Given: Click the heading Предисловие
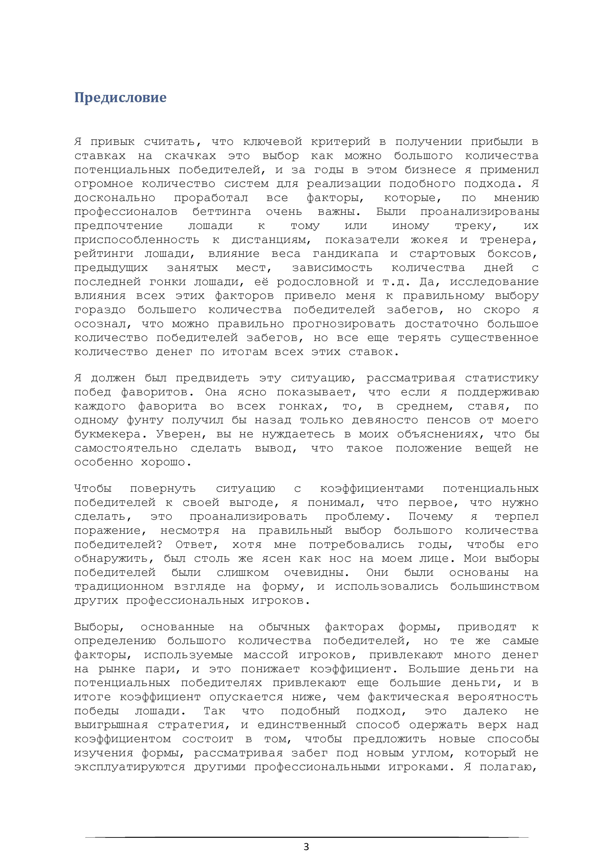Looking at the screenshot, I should (120, 98).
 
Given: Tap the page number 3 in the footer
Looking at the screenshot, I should (306, 847).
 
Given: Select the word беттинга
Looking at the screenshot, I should (222, 212).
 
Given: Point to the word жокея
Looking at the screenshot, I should (429, 240).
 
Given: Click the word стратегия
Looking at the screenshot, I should (194, 725).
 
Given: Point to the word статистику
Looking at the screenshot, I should (502, 378).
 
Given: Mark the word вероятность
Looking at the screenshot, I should (498, 697).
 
